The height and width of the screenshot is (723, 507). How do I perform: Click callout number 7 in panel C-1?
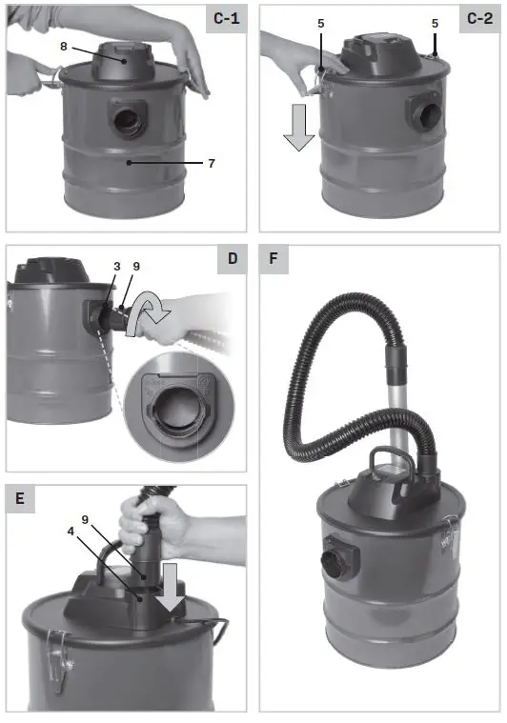212,164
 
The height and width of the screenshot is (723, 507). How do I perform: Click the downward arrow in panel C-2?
298,131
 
